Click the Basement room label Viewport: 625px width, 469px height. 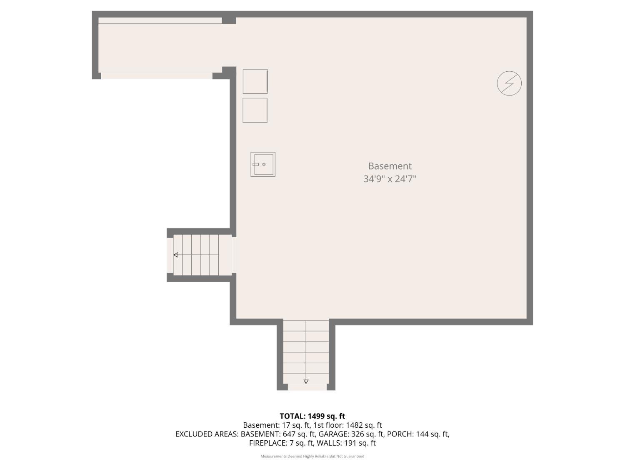point(390,166)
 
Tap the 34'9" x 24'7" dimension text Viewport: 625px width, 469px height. point(390,179)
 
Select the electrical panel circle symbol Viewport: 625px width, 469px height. point(509,83)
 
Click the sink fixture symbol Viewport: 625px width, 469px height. point(262,164)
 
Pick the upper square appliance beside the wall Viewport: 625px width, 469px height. point(255,81)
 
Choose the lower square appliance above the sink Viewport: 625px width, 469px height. point(255,110)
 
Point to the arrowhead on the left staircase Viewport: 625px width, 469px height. point(176,255)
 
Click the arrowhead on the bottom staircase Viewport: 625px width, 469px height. point(306,381)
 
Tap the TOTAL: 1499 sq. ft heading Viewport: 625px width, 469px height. point(312,416)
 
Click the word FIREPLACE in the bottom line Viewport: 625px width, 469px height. point(267,443)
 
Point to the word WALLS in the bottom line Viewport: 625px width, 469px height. point(329,443)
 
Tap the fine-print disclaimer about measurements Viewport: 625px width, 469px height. point(312,456)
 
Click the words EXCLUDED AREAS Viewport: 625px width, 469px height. point(207,434)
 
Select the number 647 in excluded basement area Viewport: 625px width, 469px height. point(288,434)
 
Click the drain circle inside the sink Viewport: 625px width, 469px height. point(264,164)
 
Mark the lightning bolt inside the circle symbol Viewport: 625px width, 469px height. point(509,83)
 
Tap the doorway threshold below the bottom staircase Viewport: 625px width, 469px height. point(307,387)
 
